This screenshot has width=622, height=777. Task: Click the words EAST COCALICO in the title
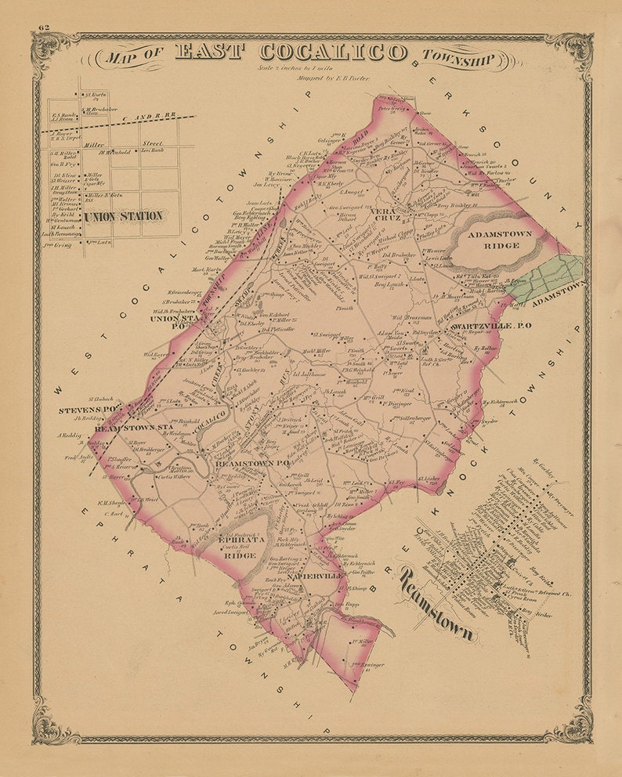click(290, 52)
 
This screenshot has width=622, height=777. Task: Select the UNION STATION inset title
click(124, 215)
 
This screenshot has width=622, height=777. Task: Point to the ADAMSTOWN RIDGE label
click(500, 240)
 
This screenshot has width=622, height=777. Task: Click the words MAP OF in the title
click(134, 56)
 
